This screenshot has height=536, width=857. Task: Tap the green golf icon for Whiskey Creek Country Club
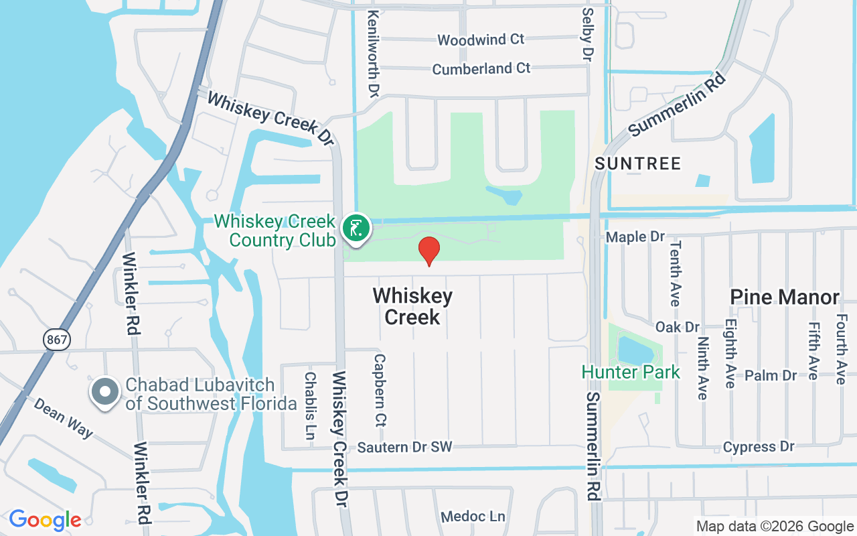356,228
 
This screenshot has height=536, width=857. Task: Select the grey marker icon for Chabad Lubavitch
105,392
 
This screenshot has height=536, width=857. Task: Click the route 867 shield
58,340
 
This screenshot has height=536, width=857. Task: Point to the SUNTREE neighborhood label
637,163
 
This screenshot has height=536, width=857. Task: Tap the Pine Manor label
785,297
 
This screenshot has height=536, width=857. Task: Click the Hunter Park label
631,372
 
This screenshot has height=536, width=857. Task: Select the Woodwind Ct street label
481,40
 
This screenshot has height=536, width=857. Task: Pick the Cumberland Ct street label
481,69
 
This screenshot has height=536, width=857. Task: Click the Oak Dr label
678,327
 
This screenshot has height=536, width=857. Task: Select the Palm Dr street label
771,375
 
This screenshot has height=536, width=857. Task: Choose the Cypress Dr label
759,447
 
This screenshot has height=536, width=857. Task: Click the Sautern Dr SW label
404,447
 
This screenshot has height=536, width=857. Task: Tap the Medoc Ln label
473,517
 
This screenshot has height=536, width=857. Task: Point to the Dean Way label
64,419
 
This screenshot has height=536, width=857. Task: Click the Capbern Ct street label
380,391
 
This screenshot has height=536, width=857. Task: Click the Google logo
45,520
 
